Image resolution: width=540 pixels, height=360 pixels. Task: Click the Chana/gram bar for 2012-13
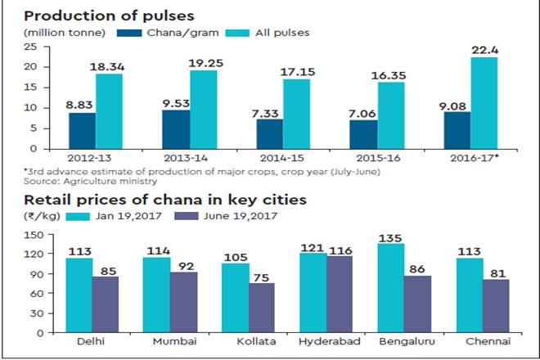click(82, 130)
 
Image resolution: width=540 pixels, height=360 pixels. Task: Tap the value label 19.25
click(205, 62)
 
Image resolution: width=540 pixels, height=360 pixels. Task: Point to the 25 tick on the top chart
click(32, 46)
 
